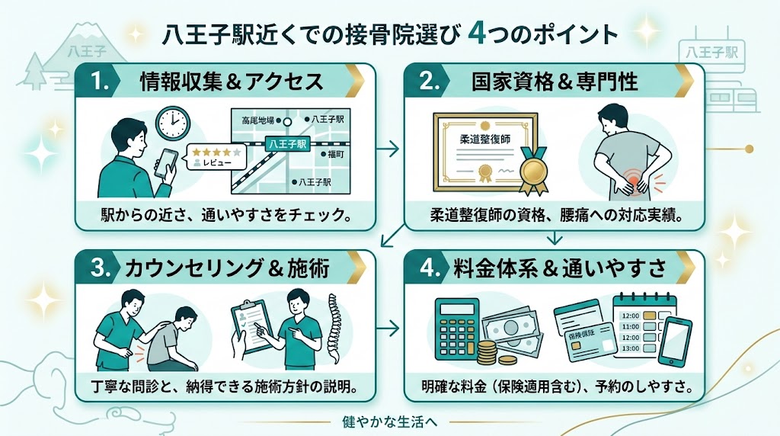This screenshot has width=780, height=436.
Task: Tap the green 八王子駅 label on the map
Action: pyautogui.click(x=292, y=144)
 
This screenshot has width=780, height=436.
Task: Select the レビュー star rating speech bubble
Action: pyautogui.click(x=216, y=158)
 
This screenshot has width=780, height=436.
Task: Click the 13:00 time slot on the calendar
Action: pyautogui.click(x=631, y=348)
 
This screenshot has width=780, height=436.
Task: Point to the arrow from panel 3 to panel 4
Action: pyautogui.click(x=390, y=329)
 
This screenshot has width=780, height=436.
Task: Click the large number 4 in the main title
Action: pyautogui.click(x=478, y=34)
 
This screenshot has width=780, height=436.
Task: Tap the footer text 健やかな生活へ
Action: pyautogui.click(x=389, y=422)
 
